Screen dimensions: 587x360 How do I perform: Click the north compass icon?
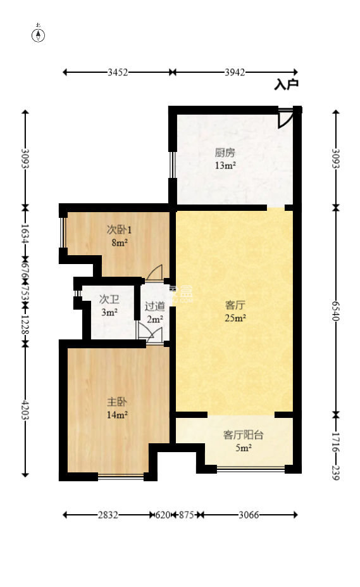tap(39, 34)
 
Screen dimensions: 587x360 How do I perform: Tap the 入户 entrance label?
tap(286, 84)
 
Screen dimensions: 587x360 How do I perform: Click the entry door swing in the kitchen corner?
tap(285, 118)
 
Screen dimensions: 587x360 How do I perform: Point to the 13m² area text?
tap(225, 166)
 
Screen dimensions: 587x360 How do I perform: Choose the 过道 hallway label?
tap(154, 306)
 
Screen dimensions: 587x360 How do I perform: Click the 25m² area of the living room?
tap(235, 318)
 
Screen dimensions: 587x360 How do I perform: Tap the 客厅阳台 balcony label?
tap(244, 435)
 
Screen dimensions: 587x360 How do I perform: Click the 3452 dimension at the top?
tap(118, 72)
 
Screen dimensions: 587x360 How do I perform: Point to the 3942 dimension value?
tap(235, 72)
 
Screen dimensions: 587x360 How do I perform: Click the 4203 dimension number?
tap(25, 409)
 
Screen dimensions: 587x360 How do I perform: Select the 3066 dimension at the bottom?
tap(249, 515)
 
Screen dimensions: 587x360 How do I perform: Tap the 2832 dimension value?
tap(108, 515)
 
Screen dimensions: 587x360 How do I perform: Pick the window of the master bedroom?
tap(120, 477)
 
